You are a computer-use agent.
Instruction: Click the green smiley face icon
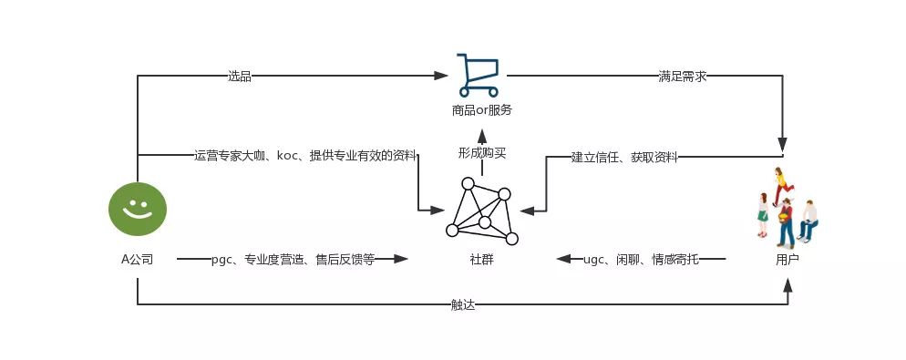point(138,209)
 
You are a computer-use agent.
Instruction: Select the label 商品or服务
point(482,110)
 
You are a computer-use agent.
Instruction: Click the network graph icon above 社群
point(482,211)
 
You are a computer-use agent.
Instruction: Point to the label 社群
point(482,260)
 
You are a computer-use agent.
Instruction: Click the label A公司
point(138,260)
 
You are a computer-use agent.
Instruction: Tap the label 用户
point(788,260)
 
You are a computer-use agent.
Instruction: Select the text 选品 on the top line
point(240,77)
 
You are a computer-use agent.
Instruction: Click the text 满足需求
point(683,77)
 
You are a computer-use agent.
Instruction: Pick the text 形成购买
point(482,153)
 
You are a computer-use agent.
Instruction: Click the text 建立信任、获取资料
point(624,157)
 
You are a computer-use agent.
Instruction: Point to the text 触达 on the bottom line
point(463,304)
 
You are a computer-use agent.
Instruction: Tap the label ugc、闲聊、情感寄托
point(642,260)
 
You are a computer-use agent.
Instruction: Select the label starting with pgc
point(293,260)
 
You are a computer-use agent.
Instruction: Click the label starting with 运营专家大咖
point(305,156)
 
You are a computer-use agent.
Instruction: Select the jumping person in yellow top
point(780,182)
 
